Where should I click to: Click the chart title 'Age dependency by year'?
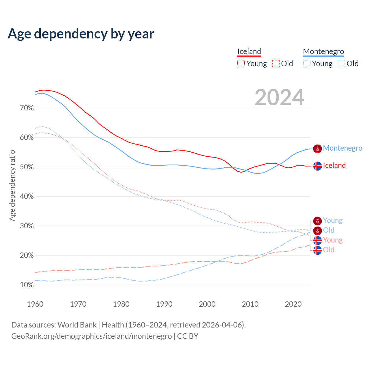[81, 34]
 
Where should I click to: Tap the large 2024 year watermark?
[280, 97]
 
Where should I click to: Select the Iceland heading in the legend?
[249, 51]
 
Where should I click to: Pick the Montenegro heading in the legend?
[323, 51]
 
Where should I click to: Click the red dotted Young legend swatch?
[241, 64]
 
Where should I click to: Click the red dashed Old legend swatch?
[276, 64]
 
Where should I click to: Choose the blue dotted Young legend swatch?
[307, 64]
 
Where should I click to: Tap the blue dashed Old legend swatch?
[341, 64]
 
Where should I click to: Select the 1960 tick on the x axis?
[35, 304]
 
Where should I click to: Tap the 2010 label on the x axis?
[250, 304]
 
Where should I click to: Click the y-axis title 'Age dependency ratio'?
[12, 185]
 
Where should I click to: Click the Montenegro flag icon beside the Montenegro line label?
[317, 149]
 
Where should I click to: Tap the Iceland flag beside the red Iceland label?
[317, 166]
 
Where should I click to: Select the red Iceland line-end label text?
[334, 165]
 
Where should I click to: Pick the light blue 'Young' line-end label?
[333, 220]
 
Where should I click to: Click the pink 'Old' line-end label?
[329, 250]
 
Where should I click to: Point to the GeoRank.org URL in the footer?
[91, 336]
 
